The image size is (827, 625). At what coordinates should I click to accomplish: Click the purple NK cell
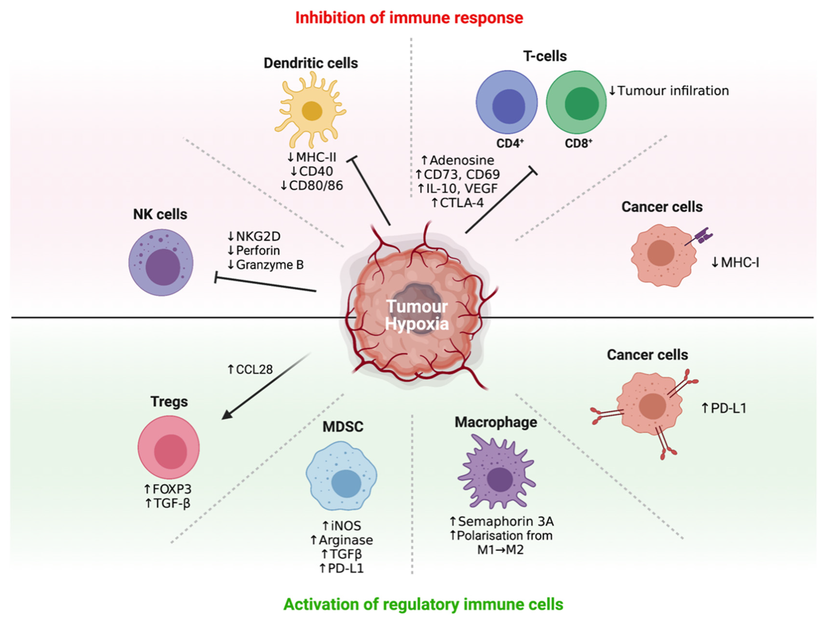[161, 263]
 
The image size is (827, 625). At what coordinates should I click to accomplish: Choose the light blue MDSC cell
[341, 476]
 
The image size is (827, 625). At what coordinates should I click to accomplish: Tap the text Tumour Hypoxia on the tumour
[417, 315]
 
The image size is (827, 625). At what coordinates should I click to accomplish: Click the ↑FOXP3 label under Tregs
[168, 489]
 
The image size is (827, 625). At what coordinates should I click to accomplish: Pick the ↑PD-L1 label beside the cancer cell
[724, 408]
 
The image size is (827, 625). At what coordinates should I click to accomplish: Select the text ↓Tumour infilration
[669, 91]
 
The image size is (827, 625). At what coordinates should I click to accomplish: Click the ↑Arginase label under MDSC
[341, 540]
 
